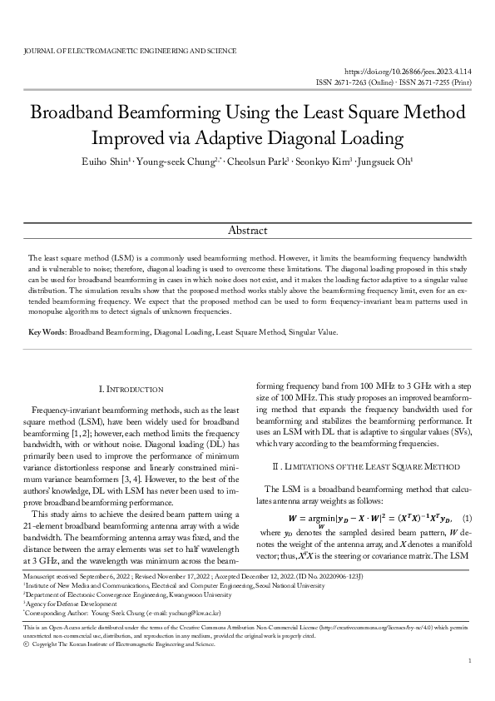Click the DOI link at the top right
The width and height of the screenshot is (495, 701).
point(408,73)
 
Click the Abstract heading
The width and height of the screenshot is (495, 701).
point(247,230)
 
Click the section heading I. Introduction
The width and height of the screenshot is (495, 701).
point(131,389)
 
